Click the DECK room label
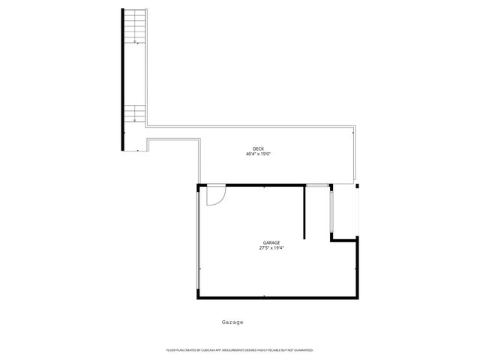point(258,148)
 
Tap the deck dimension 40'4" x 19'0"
point(258,154)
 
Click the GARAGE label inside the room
point(271,242)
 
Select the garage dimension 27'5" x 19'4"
point(271,248)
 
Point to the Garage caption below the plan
point(232,322)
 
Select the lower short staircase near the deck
point(134,113)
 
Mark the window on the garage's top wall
point(317,184)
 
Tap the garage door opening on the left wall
point(198,240)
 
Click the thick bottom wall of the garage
point(277,298)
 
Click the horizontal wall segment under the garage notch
point(344,240)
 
